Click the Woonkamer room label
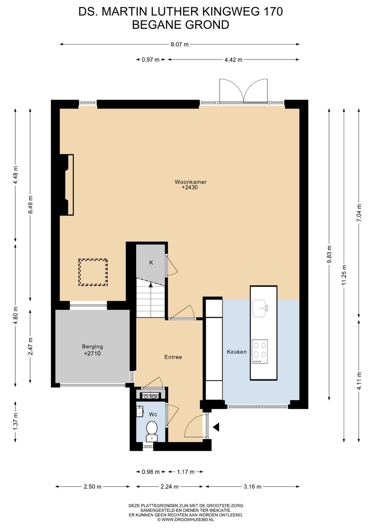pos(190,182)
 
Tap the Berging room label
pos(92,346)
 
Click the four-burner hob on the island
pos(260,352)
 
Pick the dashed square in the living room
pos(93,273)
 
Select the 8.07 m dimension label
pos(180,44)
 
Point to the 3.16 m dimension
pos(252,486)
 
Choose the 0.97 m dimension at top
pos(150,60)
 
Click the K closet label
pos(151,263)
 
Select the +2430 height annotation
pos(190,188)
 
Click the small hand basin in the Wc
pos(140,411)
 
